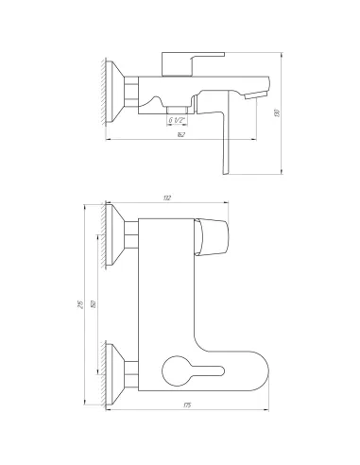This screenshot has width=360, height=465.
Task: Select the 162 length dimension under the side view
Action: tap(179, 136)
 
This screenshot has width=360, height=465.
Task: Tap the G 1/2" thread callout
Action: tap(177, 120)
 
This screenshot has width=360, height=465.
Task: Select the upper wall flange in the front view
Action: tap(118, 238)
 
